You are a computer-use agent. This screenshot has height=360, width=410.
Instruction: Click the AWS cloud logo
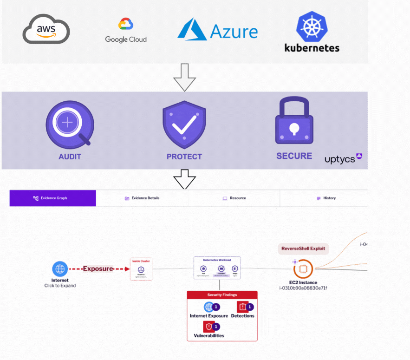[x=46, y=30]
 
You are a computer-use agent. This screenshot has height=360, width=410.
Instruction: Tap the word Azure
[x=234, y=32]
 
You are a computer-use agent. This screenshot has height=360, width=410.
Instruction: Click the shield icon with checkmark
[x=184, y=124]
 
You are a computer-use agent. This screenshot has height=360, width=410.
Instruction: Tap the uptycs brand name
[x=340, y=159]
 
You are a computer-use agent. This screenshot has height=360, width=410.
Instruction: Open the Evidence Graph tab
[x=52, y=198]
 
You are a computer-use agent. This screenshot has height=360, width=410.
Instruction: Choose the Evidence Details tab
[x=142, y=198]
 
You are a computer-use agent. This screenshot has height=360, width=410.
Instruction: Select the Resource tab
[x=234, y=198]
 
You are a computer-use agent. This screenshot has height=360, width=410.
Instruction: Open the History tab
[x=326, y=198]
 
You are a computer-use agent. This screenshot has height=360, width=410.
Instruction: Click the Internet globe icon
[x=59, y=268]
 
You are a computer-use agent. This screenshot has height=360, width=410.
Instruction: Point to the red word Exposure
[x=98, y=268]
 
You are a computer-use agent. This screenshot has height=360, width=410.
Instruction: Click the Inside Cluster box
[x=141, y=269]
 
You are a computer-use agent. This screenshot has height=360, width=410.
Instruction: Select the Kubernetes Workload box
[x=217, y=268]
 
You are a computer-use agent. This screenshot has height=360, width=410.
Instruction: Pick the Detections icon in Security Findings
[x=242, y=307]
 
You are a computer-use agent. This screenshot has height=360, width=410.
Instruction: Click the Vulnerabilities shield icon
[x=208, y=327]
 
